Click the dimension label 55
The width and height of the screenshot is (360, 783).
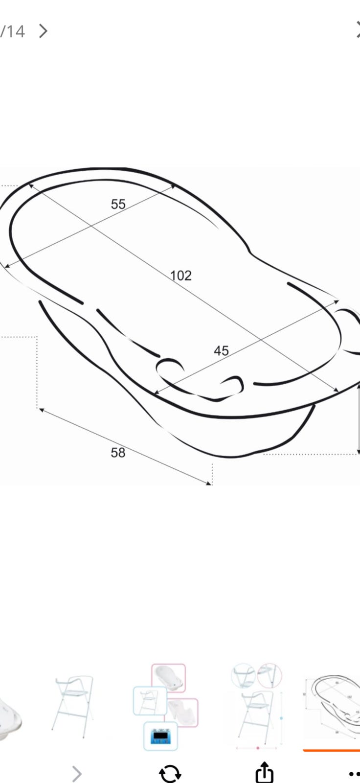click(x=118, y=204)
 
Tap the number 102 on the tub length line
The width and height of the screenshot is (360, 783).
click(x=181, y=276)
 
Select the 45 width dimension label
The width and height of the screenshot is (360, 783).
click(x=221, y=350)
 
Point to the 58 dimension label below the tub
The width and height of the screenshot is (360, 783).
click(x=118, y=453)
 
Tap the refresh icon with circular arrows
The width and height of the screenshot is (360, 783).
click(x=170, y=773)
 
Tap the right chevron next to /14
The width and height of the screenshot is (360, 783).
click(x=44, y=31)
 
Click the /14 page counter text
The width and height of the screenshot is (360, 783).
click(x=13, y=31)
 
